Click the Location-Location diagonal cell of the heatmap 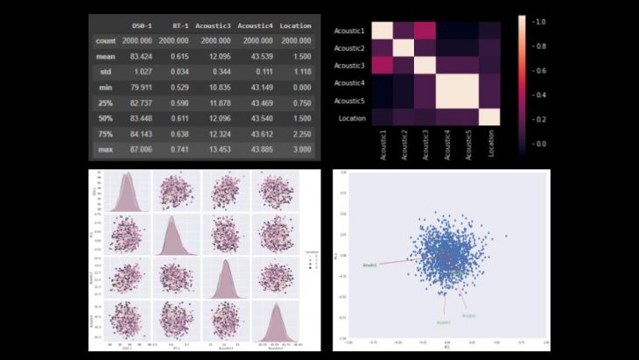(x=488, y=116)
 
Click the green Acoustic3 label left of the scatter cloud (x=369, y=264)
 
